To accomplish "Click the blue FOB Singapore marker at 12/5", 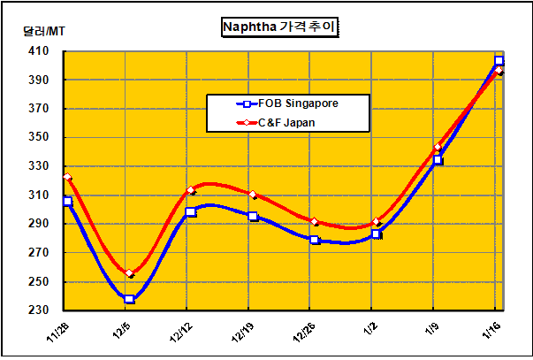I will (130, 299).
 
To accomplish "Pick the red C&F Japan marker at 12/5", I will (130, 274).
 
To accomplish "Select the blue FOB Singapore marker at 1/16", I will (499, 61).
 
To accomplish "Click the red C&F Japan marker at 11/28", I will (68, 178).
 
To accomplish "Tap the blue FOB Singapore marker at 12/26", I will (315, 240).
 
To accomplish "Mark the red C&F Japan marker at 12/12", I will (191, 190).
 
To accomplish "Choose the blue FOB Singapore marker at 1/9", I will (438, 160).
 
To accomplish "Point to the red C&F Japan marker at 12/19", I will (253, 195).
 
